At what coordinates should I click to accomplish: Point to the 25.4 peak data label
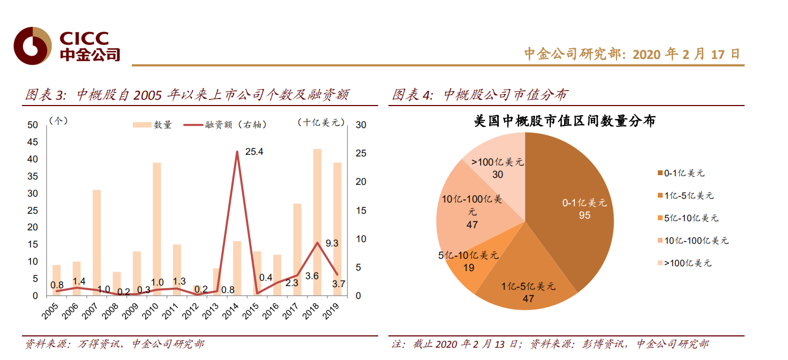(x=254, y=152)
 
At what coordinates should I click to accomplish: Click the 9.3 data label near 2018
(x=332, y=243)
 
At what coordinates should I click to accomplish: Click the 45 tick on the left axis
(x=32, y=142)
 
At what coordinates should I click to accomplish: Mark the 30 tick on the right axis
(x=361, y=125)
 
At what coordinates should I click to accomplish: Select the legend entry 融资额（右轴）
(x=225, y=125)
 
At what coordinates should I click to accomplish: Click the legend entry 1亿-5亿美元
(x=688, y=196)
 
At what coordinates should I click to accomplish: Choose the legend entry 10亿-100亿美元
(x=695, y=241)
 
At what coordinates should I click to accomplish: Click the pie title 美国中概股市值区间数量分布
(x=565, y=121)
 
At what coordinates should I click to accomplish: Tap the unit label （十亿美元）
(x=321, y=123)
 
